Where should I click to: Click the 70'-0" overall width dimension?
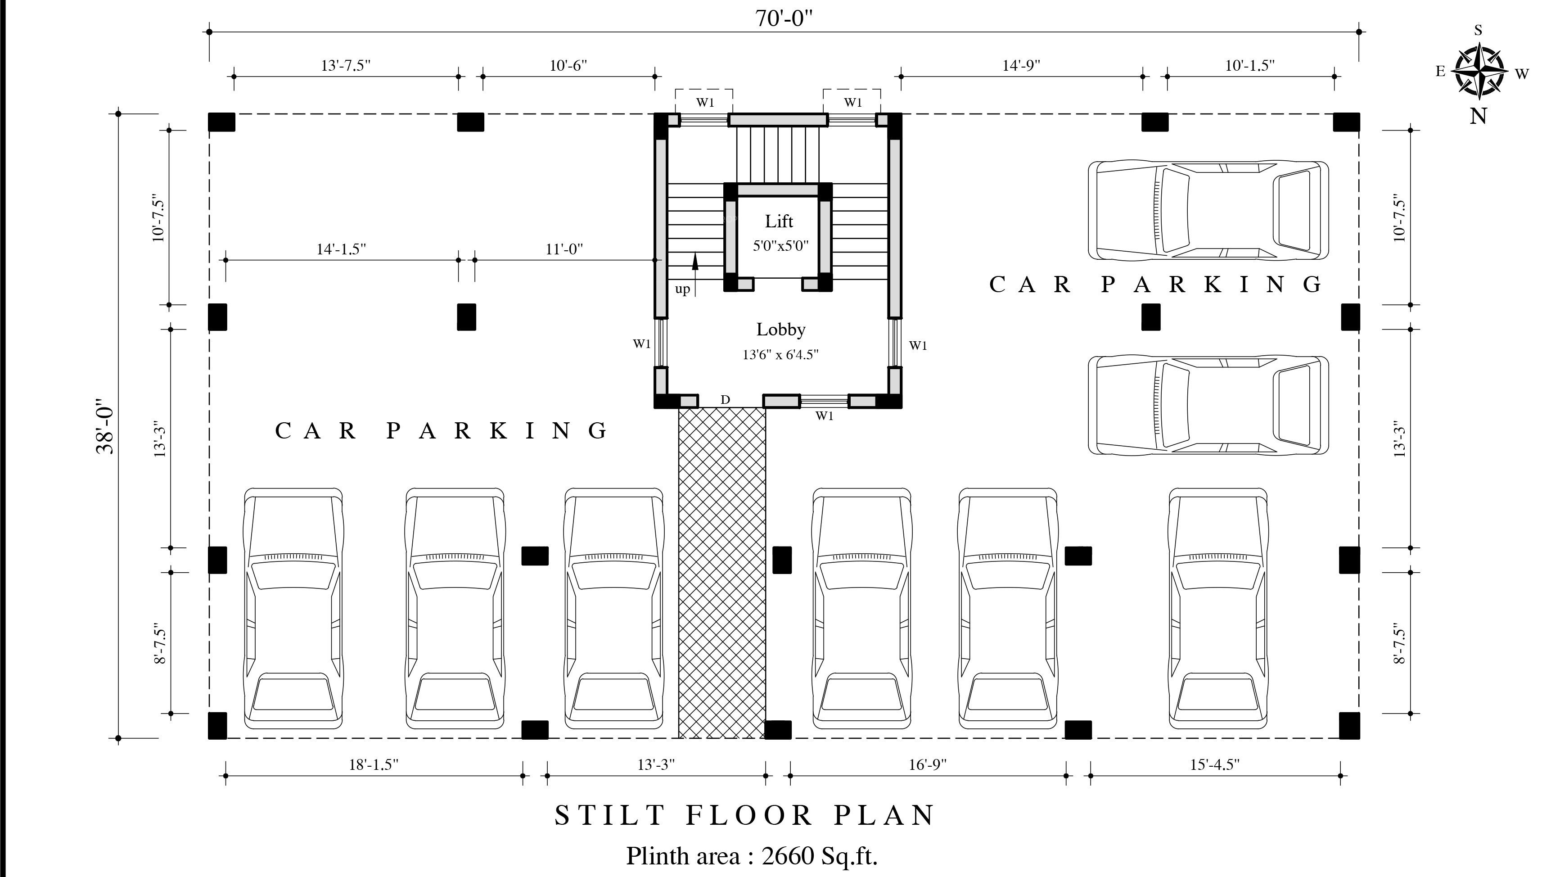coord(784,18)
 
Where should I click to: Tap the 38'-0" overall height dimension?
coord(105,426)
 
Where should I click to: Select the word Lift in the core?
coord(779,221)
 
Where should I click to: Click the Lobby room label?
coord(781,330)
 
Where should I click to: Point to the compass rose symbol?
coord(1478,72)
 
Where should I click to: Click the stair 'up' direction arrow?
coord(695,275)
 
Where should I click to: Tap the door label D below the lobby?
coord(725,399)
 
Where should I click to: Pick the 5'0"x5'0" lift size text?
coord(780,246)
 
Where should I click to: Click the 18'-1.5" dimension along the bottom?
coord(374,765)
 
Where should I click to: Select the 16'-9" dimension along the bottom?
coord(928,765)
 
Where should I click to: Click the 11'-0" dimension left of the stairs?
coord(564,249)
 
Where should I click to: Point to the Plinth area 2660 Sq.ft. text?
coord(752,856)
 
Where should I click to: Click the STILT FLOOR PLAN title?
coord(745,816)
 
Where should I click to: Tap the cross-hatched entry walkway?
coord(722,572)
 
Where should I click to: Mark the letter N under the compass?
coord(1479,116)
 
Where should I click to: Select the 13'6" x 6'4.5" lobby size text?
coord(780,355)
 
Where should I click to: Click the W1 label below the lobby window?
coord(824,416)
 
